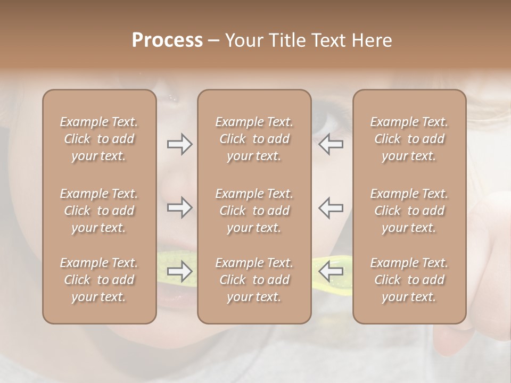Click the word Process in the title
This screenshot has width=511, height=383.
click(167, 40)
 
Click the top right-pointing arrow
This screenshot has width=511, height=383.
click(179, 144)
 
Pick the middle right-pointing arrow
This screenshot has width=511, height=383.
click(179, 207)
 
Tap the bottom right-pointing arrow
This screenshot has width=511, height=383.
click(179, 271)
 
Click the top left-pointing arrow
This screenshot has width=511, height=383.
click(331, 144)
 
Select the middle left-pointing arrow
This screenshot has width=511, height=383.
click(331, 207)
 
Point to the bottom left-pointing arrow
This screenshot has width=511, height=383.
click(331, 271)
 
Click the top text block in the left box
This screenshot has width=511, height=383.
click(99, 139)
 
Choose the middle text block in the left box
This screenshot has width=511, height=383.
click(99, 211)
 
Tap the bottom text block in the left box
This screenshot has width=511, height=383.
click(99, 280)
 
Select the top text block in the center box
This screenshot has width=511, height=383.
click(254, 139)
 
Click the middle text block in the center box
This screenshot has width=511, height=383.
click(254, 211)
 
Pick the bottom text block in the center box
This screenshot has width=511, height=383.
click(254, 280)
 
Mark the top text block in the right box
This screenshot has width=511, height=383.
click(409, 139)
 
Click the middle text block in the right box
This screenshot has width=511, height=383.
click(409, 211)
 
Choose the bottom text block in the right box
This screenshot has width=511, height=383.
click(409, 280)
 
